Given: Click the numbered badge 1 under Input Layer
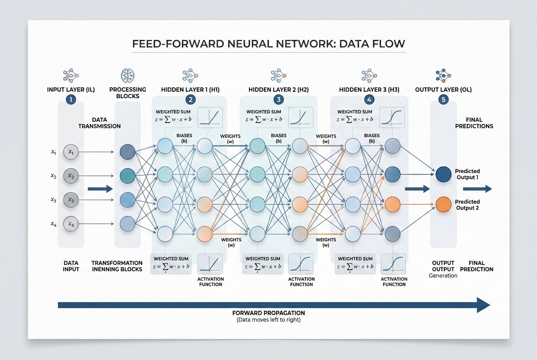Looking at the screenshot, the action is [71, 99].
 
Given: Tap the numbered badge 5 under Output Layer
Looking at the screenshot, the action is [443, 99].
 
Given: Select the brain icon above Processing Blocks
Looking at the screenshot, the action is [127, 75].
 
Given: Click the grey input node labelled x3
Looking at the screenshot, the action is [71, 200].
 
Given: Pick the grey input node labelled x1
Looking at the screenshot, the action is [71, 152].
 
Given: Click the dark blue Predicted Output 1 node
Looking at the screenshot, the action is [443, 174].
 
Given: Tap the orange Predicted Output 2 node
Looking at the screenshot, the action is [443, 205].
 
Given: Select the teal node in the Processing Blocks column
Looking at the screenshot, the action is [127, 176].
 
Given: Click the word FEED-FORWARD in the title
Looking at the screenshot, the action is [178, 44].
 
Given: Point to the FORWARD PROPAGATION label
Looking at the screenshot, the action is [268, 313].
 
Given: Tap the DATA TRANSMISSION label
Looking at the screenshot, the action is [99, 123].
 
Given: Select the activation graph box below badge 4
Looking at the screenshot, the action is [392, 117].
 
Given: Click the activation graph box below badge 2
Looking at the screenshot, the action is [210, 117].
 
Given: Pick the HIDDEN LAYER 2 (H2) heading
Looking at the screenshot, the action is [279, 90].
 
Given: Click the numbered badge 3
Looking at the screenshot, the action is [279, 99].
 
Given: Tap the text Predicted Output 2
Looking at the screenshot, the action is [467, 205].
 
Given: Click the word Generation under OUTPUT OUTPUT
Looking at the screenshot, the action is [443, 276].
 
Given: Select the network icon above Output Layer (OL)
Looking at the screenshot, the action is [443, 76].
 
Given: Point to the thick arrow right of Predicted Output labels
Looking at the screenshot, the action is [477, 189].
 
